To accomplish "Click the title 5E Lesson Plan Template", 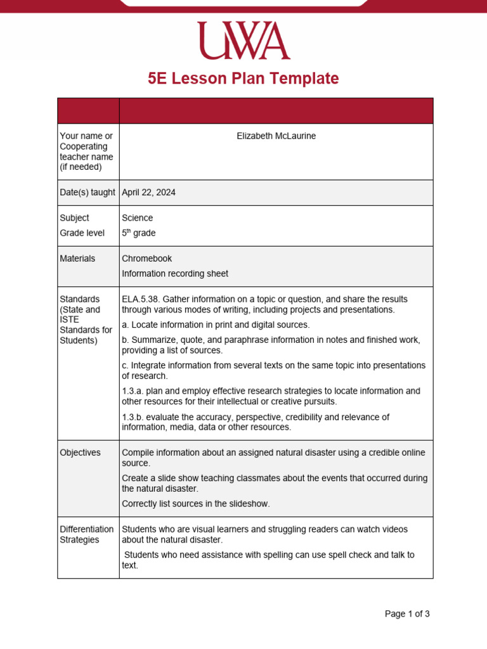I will (243, 79).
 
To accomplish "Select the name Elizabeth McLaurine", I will (276, 136).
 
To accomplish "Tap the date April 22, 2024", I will (148, 193).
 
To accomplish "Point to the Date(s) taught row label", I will (88, 193).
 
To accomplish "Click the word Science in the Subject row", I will (138, 218).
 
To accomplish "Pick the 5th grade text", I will (139, 233).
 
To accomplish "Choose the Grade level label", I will (82, 233).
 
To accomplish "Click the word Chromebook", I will (147, 259).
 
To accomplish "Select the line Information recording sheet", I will (175, 274).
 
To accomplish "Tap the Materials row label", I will (77, 259).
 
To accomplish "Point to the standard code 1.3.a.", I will (133, 391).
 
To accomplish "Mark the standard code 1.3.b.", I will (133, 417).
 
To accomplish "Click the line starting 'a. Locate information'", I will (216, 324).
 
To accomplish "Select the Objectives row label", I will (80, 453).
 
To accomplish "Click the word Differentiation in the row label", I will (87, 529).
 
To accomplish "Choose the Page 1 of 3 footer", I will (407, 614).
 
